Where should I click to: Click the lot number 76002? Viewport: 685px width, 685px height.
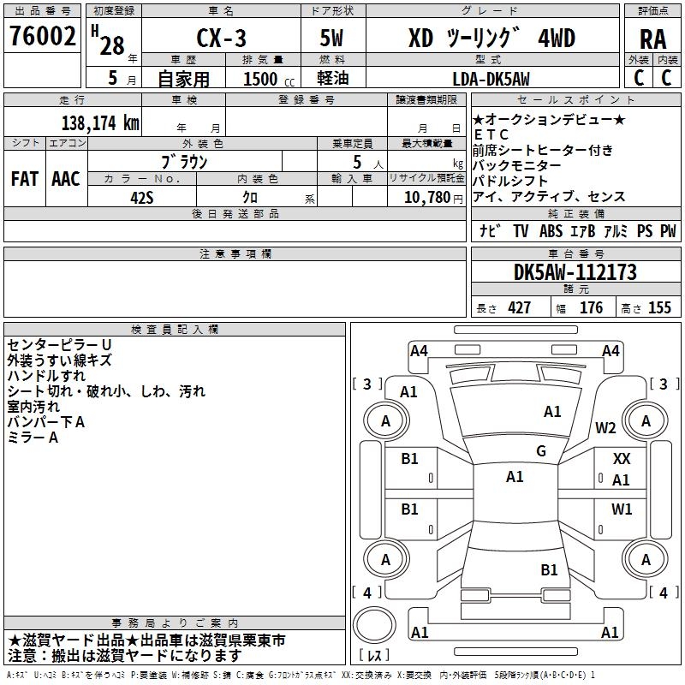(x=42, y=36)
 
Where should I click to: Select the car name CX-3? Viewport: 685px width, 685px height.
(x=221, y=38)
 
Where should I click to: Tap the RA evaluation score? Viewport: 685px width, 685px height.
(x=652, y=39)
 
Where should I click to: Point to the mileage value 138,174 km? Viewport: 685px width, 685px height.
(x=100, y=123)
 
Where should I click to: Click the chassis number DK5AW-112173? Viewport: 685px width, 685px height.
(x=575, y=272)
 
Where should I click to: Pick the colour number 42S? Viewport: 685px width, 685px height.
(x=142, y=198)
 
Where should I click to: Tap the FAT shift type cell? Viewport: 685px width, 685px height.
(x=25, y=179)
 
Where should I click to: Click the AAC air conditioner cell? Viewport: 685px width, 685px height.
(x=66, y=179)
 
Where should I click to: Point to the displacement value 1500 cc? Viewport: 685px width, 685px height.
(x=269, y=79)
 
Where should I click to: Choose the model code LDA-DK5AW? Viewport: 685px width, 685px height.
(x=491, y=79)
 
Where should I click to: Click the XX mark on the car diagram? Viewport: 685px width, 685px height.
(x=622, y=459)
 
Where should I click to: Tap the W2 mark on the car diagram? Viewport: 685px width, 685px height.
(x=605, y=428)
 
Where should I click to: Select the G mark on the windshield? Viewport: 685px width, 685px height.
(x=541, y=451)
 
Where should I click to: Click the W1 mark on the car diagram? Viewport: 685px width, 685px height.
(x=622, y=509)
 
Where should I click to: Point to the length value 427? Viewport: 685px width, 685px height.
(x=520, y=308)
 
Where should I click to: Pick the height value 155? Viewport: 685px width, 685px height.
(x=659, y=308)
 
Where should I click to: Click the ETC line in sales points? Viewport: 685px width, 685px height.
(x=491, y=134)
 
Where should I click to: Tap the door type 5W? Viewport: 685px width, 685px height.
(x=331, y=38)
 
